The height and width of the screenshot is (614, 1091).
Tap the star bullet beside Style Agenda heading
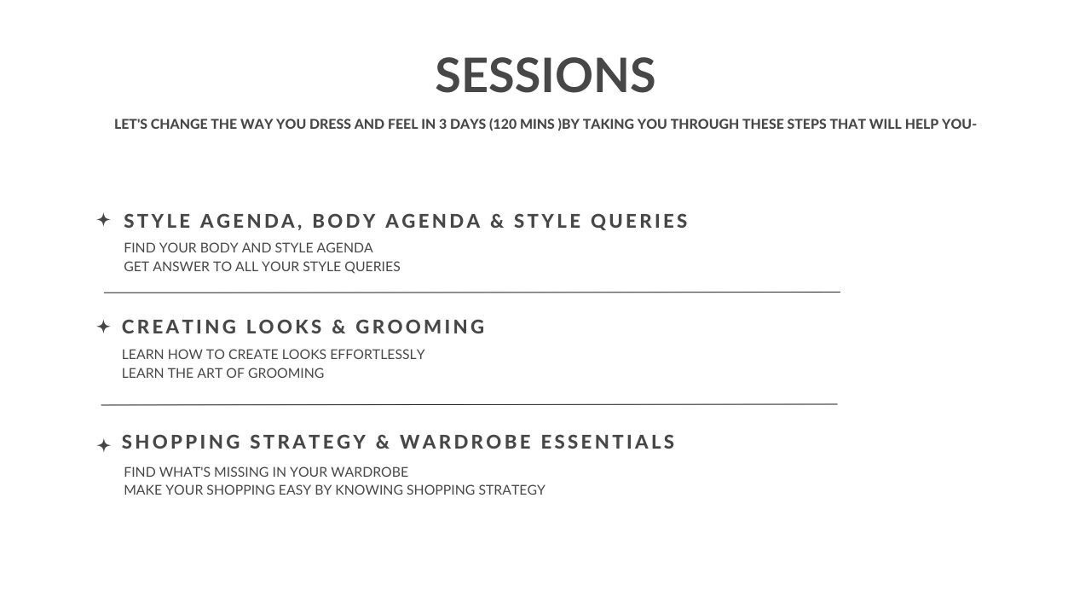pos(103,220)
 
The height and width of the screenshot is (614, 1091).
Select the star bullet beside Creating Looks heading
pos(103,327)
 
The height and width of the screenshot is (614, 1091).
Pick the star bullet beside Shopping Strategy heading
pos(103,445)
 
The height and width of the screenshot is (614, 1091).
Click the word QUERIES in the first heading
pos(639,221)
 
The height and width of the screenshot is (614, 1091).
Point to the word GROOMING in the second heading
pos(420,327)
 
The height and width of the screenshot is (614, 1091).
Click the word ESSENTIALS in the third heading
pos(608,442)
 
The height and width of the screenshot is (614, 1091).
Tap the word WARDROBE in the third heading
pos(465,442)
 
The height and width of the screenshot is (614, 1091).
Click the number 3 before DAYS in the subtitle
pos(442,125)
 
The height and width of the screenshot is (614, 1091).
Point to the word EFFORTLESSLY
pos(378,354)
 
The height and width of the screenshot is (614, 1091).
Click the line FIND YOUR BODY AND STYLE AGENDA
pos(248,248)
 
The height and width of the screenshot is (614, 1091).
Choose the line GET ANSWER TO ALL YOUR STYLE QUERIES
pos(262,267)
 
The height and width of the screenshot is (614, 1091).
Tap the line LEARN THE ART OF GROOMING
pos(222,374)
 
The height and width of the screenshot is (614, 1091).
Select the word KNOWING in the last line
pos(369,490)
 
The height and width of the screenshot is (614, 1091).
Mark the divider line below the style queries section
pos(472,293)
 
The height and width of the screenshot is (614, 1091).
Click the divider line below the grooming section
pos(469,404)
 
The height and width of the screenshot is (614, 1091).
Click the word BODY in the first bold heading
pos(344,221)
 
